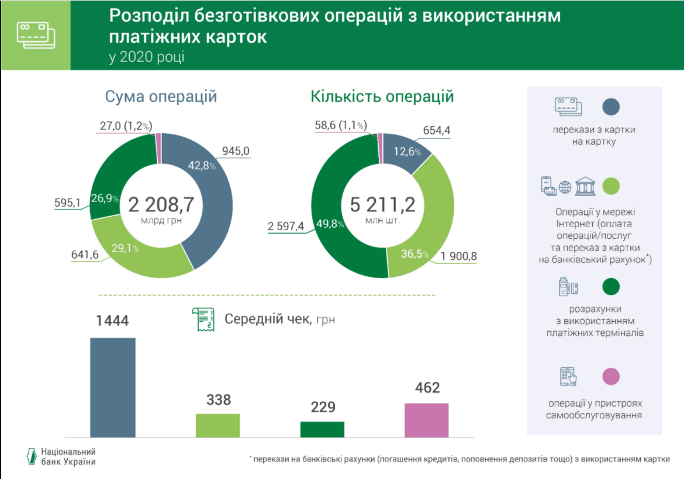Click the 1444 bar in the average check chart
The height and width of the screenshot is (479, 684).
(x=112, y=387)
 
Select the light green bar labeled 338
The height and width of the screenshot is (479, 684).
(x=217, y=425)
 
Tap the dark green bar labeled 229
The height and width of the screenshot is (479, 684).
(x=322, y=429)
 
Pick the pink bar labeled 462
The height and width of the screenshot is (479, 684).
(x=426, y=419)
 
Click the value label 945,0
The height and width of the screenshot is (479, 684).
(x=236, y=152)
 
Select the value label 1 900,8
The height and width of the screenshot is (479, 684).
(x=460, y=256)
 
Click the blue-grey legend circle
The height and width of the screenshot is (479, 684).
(x=610, y=106)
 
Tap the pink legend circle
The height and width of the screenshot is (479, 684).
(x=610, y=377)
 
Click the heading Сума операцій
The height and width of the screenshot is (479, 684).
(x=161, y=96)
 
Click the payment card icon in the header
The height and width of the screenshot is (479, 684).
(x=36, y=35)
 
